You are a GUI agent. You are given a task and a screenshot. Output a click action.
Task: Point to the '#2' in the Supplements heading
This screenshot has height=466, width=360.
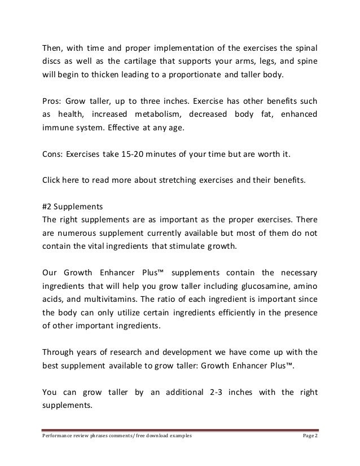tap(49, 206)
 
